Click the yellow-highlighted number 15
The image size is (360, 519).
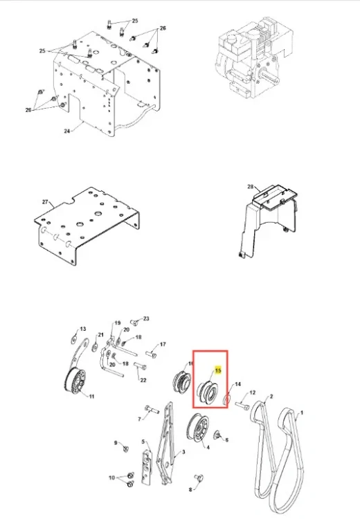pos(218,370)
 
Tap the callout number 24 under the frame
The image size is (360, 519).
pos(67,131)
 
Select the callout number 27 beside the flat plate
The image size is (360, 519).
pos(46,202)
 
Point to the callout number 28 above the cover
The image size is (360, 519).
pos(251,187)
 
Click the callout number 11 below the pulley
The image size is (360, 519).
pos(91,397)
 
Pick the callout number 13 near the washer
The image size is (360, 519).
pos(83,329)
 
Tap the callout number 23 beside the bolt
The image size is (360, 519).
pos(146,318)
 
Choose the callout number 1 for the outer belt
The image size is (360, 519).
pos(301,412)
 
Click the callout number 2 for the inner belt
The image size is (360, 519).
pos(271,397)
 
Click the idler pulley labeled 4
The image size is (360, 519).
pos(198,427)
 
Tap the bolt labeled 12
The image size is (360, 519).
pos(242,405)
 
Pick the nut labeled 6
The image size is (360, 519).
pos(217,435)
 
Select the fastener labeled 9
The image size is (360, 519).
pos(125,449)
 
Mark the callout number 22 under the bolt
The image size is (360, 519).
pos(143,380)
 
